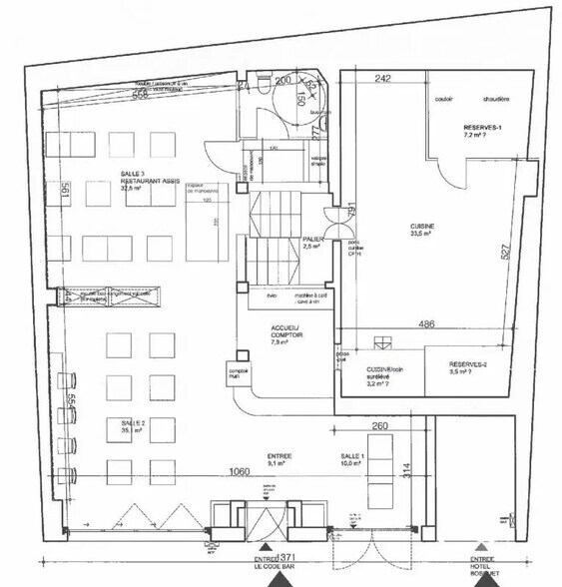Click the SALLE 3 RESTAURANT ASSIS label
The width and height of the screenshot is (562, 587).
(x=139, y=180)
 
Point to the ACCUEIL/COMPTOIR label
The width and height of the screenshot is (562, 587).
(x=284, y=334)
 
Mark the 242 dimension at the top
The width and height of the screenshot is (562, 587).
(x=382, y=78)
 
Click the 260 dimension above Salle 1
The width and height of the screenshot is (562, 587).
(x=378, y=426)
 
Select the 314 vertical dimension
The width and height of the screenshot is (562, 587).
(x=406, y=469)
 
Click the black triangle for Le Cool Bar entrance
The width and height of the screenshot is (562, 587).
(x=266, y=548)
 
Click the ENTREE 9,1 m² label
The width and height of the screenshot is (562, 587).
(x=278, y=460)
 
